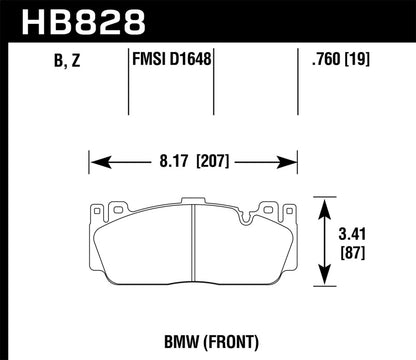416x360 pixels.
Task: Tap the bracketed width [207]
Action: (x=212, y=157)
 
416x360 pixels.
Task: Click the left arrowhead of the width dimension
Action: (x=95, y=157)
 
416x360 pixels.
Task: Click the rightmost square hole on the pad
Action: (x=282, y=211)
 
